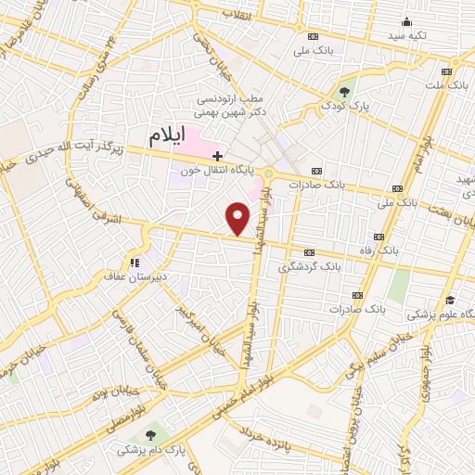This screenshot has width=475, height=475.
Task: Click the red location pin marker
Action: click(239, 219)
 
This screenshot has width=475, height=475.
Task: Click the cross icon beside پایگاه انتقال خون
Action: click(217, 155)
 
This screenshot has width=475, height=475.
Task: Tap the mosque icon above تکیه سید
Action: click(405, 22)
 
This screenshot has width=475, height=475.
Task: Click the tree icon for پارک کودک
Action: click(345, 91)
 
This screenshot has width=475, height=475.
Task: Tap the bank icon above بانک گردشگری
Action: click(310, 252)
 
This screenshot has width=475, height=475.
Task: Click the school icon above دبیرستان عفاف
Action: click(135, 263)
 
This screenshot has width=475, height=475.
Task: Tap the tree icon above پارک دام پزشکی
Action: click(150, 434)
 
